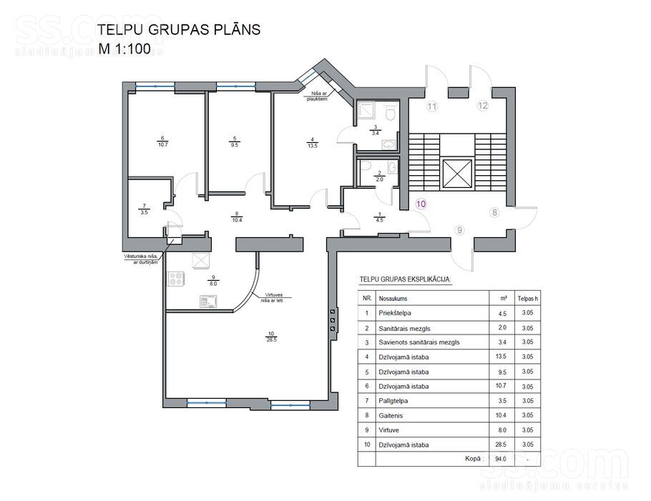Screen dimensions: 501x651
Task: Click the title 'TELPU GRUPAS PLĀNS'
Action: point(178,30)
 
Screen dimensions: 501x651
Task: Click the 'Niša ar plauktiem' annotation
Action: point(318,97)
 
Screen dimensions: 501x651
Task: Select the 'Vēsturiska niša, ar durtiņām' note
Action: point(140,259)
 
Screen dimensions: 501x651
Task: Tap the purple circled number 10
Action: point(421,203)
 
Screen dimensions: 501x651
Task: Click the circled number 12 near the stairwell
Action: point(483,106)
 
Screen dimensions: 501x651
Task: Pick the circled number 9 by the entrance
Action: point(459,229)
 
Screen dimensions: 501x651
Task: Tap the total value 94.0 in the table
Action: point(501,459)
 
